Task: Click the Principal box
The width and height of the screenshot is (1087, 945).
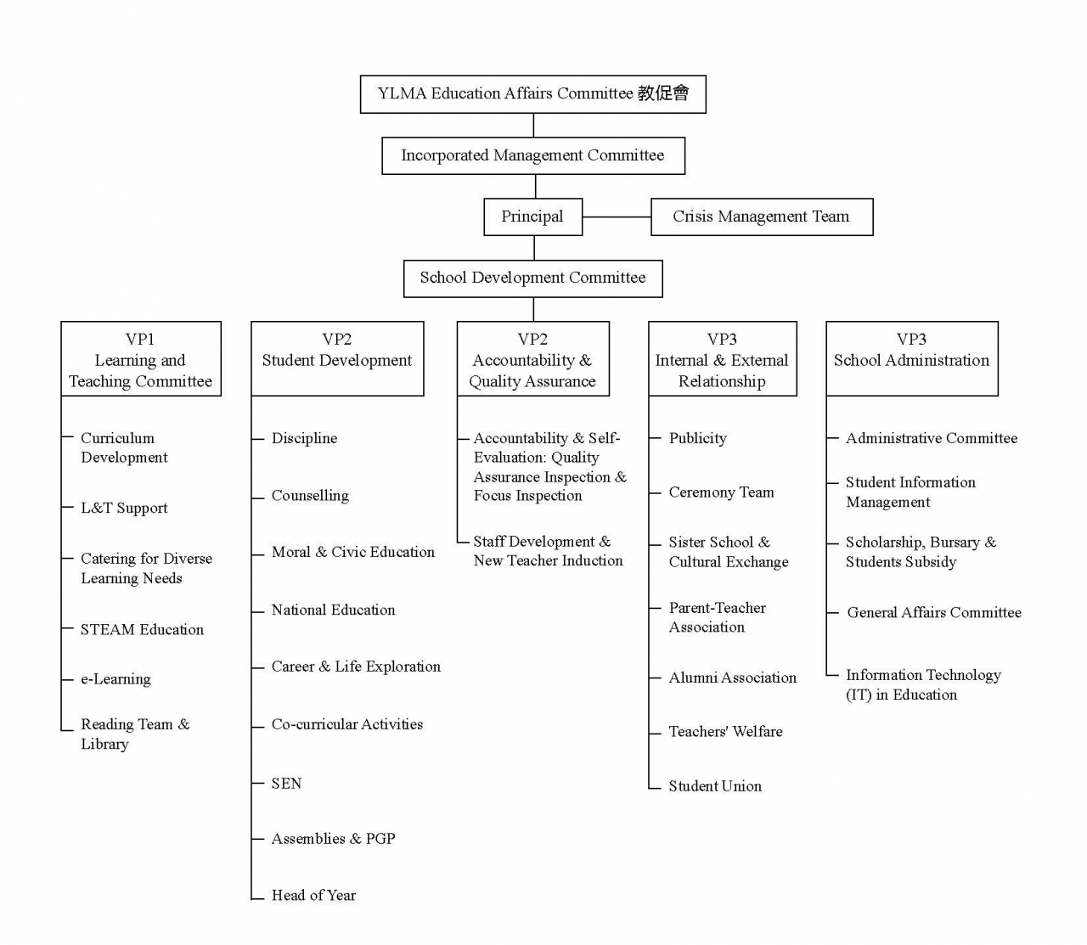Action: tap(532, 217)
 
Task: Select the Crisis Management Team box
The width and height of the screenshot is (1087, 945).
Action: tap(761, 217)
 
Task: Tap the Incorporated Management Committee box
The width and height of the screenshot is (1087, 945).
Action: tap(532, 155)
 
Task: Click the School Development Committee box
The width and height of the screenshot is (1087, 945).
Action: tap(532, 278)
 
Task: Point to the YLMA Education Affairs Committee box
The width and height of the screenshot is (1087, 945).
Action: tap(532, 93)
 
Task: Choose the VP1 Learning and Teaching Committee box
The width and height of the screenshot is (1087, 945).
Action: tap(141, 359)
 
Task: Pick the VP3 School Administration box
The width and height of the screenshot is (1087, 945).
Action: tap(911, 359)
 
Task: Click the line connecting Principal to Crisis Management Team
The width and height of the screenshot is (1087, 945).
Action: tap(617, 217)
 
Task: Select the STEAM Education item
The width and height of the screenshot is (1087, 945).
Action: tap(142, 629)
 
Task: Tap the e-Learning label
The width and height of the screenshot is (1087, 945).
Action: tap(115, 679)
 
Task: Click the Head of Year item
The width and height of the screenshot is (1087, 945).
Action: tap(313, 895)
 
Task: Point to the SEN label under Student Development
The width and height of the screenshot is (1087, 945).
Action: tap(286, 783)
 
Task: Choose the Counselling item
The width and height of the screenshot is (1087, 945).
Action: tap(310, 496)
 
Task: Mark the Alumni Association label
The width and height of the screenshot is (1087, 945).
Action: tap(732, 678)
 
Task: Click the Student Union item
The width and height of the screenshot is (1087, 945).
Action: tap(715, 786)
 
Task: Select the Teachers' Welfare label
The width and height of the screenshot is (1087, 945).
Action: tap(725, 731)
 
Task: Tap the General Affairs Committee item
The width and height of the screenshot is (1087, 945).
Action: tap(934, 612)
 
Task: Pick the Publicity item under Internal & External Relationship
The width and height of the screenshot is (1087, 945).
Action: tap(697, 438)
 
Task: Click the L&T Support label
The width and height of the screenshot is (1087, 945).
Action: tap(124, 508)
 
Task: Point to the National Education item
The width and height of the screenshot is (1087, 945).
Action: tap(333, 610)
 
